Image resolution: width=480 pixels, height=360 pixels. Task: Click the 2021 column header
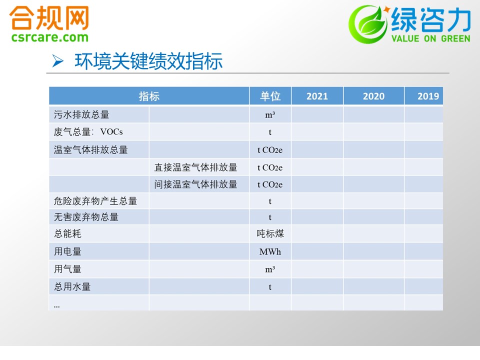(x=317, y=96)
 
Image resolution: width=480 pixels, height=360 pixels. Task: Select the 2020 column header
(x=373, y=96)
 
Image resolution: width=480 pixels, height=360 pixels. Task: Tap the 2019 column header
(x=428, y=96)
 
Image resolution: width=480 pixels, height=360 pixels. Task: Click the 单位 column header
(x=270, y=96)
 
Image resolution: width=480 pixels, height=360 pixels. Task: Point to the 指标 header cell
(x=149, y=96)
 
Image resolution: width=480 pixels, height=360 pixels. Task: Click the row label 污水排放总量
(x=81, y=114)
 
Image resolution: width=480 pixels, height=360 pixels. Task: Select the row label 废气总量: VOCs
(x=88, y=132)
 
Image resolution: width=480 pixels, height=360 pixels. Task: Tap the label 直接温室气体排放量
(x=195, y=167)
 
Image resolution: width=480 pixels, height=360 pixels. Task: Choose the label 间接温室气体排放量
(x=195, y=184)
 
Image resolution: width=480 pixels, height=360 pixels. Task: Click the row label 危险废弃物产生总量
(x=95, y=201)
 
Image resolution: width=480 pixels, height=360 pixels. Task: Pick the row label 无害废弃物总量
(x=86, y=217)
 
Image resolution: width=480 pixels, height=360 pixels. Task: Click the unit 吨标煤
(x=270, y=233)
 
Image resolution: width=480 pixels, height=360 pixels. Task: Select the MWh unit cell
(x=270, y=251)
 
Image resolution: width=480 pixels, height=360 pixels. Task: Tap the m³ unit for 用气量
(x=270, y=269)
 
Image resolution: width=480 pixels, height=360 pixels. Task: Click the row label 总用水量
(x=72, y=287)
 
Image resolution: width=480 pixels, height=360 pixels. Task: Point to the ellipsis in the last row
(x=56, y=306)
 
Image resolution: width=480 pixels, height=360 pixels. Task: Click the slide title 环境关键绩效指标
(x=148, y=61)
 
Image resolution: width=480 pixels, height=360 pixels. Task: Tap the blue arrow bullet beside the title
(x=57, y=60)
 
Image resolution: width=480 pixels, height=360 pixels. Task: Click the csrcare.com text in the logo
(x=50, y=37)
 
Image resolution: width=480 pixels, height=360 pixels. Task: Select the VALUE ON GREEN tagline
(x=430, y=38)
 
